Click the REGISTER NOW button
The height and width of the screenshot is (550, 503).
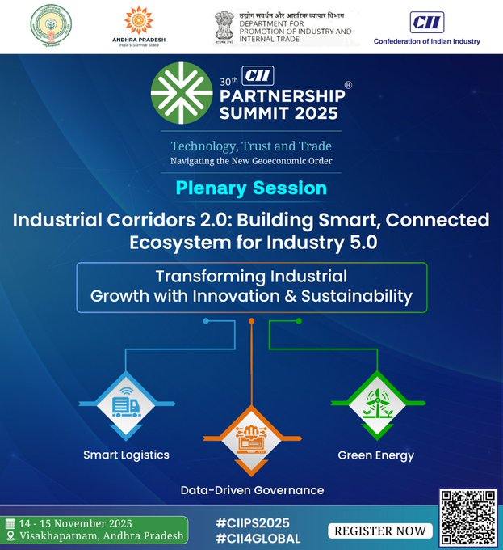point(380,531)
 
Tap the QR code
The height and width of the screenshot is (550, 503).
point(467,518)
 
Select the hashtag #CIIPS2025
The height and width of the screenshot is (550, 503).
point(253,523)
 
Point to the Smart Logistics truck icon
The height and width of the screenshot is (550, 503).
point(126,403)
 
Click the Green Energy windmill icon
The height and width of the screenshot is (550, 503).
point(376,402)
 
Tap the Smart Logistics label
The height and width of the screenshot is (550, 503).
point(126,455)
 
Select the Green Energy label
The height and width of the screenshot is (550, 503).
point(375,455)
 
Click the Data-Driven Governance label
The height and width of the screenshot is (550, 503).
point(251,490)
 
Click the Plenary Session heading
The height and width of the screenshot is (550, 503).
point(251,188)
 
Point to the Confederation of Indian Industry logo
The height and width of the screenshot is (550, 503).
point(426,27)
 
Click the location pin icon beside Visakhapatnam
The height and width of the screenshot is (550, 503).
point(10,537)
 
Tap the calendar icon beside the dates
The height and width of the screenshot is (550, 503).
point(10,523)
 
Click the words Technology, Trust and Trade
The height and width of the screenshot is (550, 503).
point(251,146)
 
